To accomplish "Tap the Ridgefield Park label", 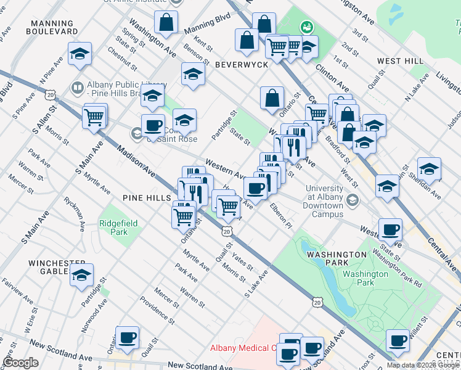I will point(114,228).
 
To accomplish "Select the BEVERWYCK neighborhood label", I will point(241,65).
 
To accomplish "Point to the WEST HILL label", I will point(400,61).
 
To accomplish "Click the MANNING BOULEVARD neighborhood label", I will point(53,27).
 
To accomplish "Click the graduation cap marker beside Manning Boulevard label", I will point(80,54).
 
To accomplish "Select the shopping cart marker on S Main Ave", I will point(94,116).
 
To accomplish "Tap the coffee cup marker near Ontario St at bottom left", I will point(128,338).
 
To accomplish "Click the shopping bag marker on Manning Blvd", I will point(167,23).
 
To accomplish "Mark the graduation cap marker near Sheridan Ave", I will point(429,168).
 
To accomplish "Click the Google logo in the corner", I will point(21,363).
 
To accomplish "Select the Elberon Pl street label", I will point(280,215).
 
